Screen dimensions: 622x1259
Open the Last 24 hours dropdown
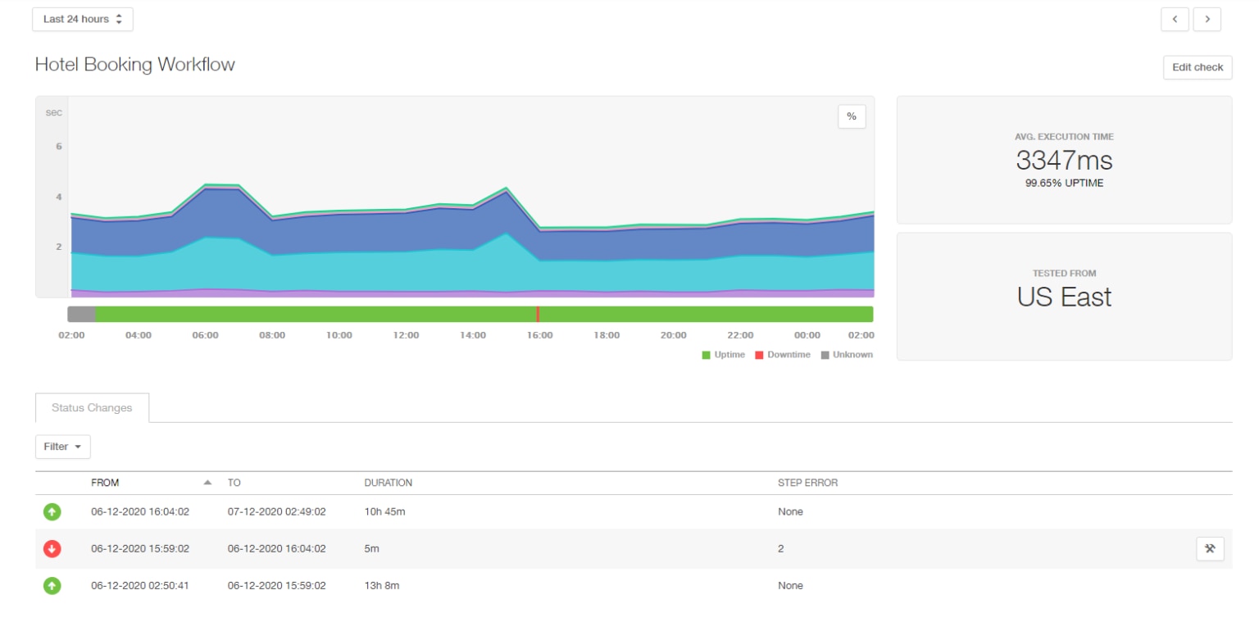[x=82, y=20]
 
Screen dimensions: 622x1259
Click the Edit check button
[x=1197, y=67]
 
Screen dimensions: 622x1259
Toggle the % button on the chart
[x=851, y=116]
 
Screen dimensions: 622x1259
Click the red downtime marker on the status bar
[x=538, y=314]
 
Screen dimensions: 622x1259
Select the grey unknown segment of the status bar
[x=81, y=314]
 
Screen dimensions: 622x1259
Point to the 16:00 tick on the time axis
[x=539, y=335]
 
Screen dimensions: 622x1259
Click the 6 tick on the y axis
[x=58, y=147]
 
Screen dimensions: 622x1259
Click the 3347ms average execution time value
[x=1064, y=160]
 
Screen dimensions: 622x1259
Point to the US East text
[x=1064, y=296]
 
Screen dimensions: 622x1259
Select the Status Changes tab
[x=92, y=407]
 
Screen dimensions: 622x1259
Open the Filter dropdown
[x=63, y=447]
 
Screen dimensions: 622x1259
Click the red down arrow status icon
[x=52, y=549]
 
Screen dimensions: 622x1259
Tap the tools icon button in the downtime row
[x=1210, y=549]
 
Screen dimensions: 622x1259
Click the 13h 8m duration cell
[x=382, y=586]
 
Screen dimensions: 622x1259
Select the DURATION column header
[x=388, y=483]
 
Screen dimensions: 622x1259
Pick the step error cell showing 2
[x=780, y=549]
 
